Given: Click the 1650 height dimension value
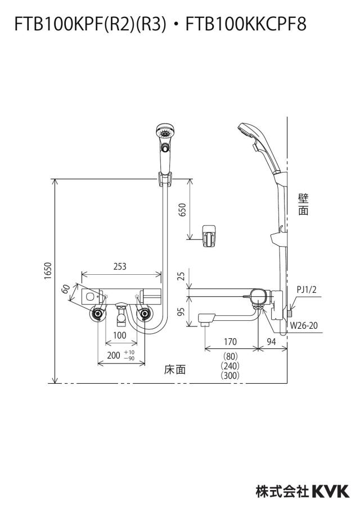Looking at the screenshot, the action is coord(48,271).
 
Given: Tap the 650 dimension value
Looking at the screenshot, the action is coord(183,210).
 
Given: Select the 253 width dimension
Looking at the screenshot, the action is coord(120,266).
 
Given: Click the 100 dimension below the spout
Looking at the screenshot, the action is coord(120,335).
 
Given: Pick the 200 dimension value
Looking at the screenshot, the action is coord(114,355).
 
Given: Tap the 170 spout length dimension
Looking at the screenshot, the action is coord(230,342).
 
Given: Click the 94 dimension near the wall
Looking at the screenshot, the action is coord(271,342).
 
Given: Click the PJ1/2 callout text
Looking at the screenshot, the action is coord(306,289).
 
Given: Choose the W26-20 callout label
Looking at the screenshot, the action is coord(304,325).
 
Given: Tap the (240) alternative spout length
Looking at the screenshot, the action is coord(230,366).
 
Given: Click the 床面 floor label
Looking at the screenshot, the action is coord(175,369).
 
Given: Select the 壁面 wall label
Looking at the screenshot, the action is coord(304,205).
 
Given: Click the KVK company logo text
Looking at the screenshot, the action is coord(331,491).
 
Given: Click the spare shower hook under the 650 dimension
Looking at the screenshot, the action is coord(209,236).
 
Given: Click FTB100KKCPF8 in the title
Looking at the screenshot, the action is coord(246,24).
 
